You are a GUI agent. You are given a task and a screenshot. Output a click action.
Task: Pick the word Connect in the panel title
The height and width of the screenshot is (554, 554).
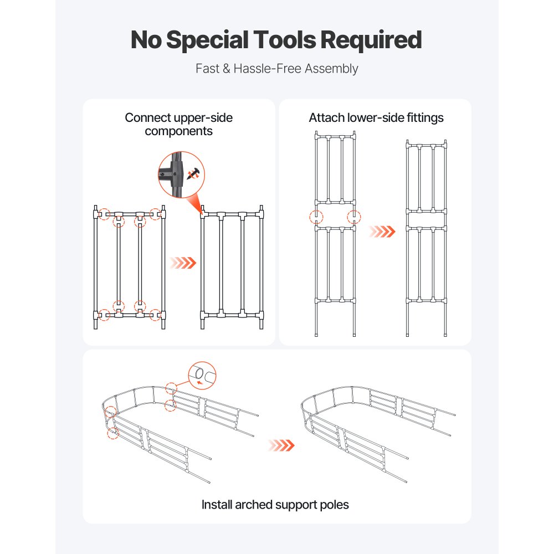point(148,117)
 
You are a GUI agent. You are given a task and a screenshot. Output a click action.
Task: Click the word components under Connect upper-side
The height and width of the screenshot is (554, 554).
point(178,131)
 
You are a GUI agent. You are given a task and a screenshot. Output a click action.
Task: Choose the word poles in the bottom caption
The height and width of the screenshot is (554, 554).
point(334,505)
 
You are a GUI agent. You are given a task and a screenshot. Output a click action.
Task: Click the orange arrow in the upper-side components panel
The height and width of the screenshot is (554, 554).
point(183,262)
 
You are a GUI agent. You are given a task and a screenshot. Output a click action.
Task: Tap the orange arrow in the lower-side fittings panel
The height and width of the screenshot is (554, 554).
point(383,231)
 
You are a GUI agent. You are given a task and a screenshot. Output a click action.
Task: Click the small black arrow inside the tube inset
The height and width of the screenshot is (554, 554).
point(200,382)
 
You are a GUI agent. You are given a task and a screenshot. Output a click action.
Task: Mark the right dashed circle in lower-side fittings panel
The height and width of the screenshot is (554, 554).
point(353,217)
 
